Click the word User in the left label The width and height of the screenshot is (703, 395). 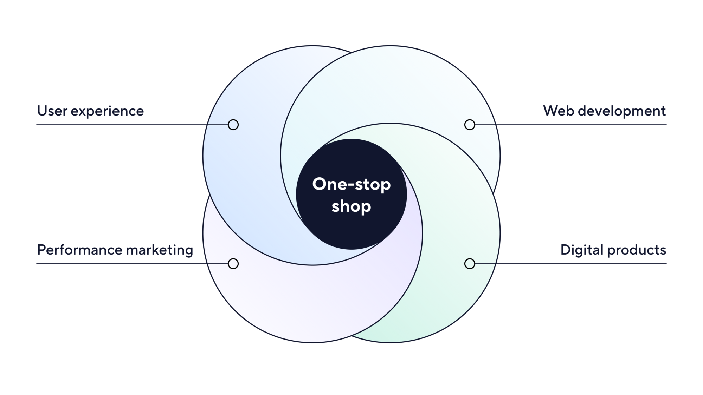[x=52, y=111]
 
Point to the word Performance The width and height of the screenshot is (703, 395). [x=79, y=250]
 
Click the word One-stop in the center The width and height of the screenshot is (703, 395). [x=351, y=185]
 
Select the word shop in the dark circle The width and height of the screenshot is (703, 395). [x=351, y=206]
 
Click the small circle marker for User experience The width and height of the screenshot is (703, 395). [x=233, y=125]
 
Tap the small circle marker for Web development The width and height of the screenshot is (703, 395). [x=470, y=125]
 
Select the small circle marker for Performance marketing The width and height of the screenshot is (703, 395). [x=233, y=264]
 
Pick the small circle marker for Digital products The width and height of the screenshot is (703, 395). [x=470, y=264]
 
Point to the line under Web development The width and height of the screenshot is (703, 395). [x=580, y=125]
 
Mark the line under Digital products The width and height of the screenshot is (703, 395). [x=580, y=264]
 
